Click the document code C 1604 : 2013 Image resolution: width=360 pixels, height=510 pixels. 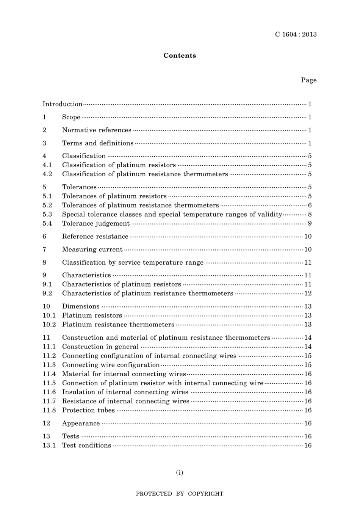click(296, 35)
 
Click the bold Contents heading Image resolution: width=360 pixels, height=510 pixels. click(180, 55)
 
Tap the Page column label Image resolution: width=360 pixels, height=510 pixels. click(308, 80)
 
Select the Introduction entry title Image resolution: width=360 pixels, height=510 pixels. click(62, 104)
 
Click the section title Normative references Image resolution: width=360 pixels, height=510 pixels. click(97, 130)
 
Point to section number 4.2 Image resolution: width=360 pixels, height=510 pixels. click(47, 174)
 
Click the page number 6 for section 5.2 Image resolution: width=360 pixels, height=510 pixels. click(310, 205)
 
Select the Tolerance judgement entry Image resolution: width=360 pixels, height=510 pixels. click(96, 223)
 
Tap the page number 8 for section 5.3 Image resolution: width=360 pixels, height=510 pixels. click(310, 214)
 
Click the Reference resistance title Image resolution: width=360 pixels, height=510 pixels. click(95, 236)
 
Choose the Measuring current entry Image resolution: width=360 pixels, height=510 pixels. click(92, 249)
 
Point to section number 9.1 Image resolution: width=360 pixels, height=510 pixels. click(47, 284)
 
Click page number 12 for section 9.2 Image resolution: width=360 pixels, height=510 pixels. click(308, 293)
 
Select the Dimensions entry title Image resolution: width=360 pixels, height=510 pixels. click(81, 306)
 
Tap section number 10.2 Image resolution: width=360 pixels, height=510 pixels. click(49, 324)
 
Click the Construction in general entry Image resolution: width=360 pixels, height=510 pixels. click(100, 346)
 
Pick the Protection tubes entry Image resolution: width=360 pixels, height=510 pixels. click(88, 410)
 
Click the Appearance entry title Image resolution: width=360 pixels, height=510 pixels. click(81, 423)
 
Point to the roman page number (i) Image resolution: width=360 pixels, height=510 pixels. click(180, 472)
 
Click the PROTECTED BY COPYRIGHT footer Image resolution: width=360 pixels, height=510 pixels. click(180, 494)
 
